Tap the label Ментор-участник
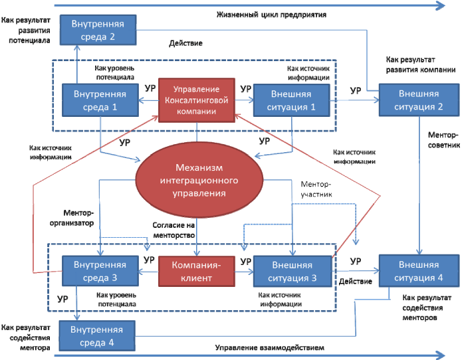coord(322,189)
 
